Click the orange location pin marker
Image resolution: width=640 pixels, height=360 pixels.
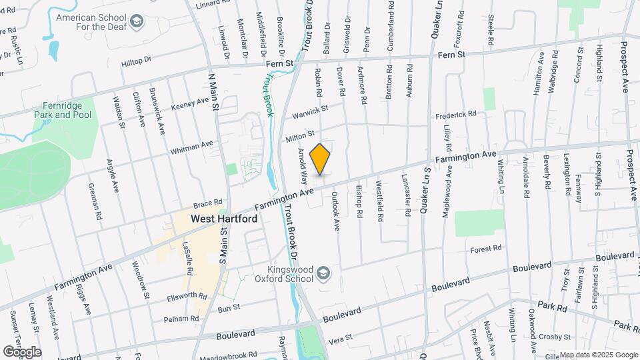click(321, 159)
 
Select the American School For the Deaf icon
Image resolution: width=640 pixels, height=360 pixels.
click(137, 22)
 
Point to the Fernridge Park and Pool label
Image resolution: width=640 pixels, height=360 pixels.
click(63, 110)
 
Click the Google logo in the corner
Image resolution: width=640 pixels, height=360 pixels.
click(22, 351)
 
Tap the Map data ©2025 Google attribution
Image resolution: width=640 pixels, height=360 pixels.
click(598, 355)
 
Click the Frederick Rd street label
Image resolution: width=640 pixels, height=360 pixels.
click(456, 115)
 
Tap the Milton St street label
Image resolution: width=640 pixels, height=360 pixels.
click(300, 137)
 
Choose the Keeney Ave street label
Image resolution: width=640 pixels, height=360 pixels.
click(190, 104)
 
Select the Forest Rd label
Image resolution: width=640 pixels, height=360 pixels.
click(485, 249)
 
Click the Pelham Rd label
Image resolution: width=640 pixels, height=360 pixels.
click(181, 319)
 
